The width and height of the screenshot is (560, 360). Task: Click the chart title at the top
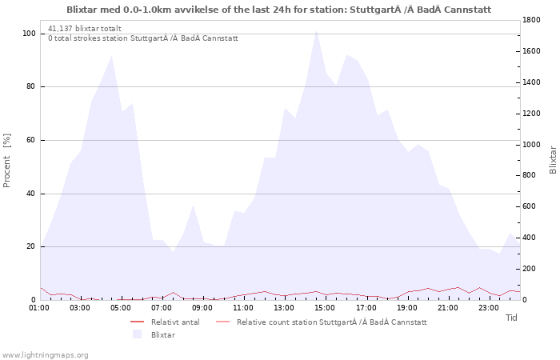pyautogui.click(x=279, y=10)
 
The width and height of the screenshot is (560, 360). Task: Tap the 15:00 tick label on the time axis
pyautogui.click(x=325, y=308)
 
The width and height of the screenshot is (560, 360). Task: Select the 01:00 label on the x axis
pyautogui.click(x=39, y=308)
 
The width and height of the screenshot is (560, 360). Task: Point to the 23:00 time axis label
pyautogui.click(x=488, y=308)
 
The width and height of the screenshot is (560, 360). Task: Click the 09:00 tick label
pyautogui.click(x=202, y=308)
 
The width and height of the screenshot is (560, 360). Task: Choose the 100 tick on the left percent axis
pyautogui.click(x=29, y=34)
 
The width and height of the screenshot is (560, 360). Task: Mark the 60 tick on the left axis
pyautogui.click(x=31, y=140)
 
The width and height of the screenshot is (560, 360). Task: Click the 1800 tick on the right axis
pyautogui.click(x=531, y=20)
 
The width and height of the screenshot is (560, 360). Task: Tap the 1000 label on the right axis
pyautogui.click(x=531, y=145)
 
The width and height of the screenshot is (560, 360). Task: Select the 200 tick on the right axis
pyautogui.click(x=529, y=269)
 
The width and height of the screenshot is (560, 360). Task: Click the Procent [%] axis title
pyautogui.click(x=7, y=160)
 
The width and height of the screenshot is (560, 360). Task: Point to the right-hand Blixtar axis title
pyautogui.click(x=553, y=160)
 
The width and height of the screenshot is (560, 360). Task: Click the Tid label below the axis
pyautogui.click(x=511, y=318)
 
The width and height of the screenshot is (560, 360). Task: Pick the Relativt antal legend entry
pyautogui.click(x=165, y=322)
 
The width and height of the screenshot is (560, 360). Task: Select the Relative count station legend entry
pyautogui.click(x=322, y=322)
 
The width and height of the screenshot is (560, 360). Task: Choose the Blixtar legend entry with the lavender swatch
pyautogui.click(x=154, y=334)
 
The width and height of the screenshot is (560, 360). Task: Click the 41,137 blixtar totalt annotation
pyautogui.click(x=85, y=29)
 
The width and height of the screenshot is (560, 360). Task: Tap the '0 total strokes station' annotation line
pyautogui.click(x=143, y=38)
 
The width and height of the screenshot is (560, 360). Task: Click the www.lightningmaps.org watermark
pyautogui.click(x=44, y=355)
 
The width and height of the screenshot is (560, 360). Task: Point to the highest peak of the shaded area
pyautogui.click(x=317, y=30)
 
